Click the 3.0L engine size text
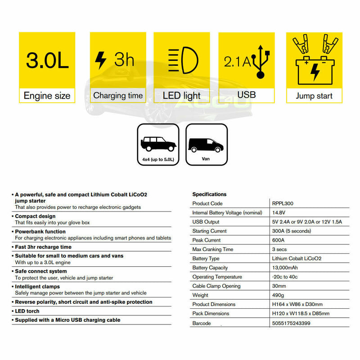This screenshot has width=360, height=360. tap(47, 60)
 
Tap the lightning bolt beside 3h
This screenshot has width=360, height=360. tap(100, 60)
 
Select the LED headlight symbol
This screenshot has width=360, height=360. tap(181, 61)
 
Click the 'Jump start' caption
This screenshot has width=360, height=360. tap(314, 96)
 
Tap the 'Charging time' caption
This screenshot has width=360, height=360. tap(118, 95)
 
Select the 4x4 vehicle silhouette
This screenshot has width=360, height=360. tap(157, 144)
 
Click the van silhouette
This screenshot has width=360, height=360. tap(206, 144)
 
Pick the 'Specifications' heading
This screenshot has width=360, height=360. tap(209, 194)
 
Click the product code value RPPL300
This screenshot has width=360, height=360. tap(283, 203)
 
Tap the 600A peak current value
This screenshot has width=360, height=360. tap(279, 240)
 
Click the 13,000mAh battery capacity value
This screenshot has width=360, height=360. tap(288, 268)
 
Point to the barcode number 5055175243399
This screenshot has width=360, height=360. tap(291, 323)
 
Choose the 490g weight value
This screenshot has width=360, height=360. tap(279, 295)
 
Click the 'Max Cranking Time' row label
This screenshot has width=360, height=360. tap(212, 249)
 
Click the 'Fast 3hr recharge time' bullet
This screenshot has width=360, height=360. tap(43, 247)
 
